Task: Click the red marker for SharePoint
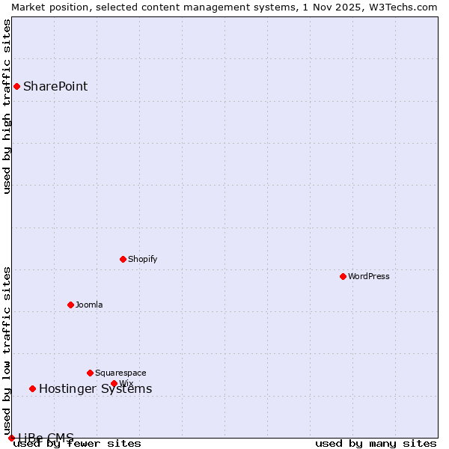click(16, 86)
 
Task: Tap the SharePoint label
click(55, 86)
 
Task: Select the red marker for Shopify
click(123, 259)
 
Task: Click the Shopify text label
click(142, 259)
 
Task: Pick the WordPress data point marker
click(343, 276)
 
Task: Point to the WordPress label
click(368, 276)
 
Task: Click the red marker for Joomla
click(70, 305)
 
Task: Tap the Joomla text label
click(89, 305)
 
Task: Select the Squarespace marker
click(90, 373)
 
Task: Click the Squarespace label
click(120, 373)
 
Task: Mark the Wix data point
click(114, 383)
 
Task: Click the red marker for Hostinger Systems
click(32, 388)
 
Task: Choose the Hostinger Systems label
click(95, 388)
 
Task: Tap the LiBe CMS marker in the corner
click(11, 438)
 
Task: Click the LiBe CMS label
click(46, 437)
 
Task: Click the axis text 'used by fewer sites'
click(77, 443)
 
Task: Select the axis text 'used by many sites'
click(376, 443)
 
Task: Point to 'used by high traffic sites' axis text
click(7, 106)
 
